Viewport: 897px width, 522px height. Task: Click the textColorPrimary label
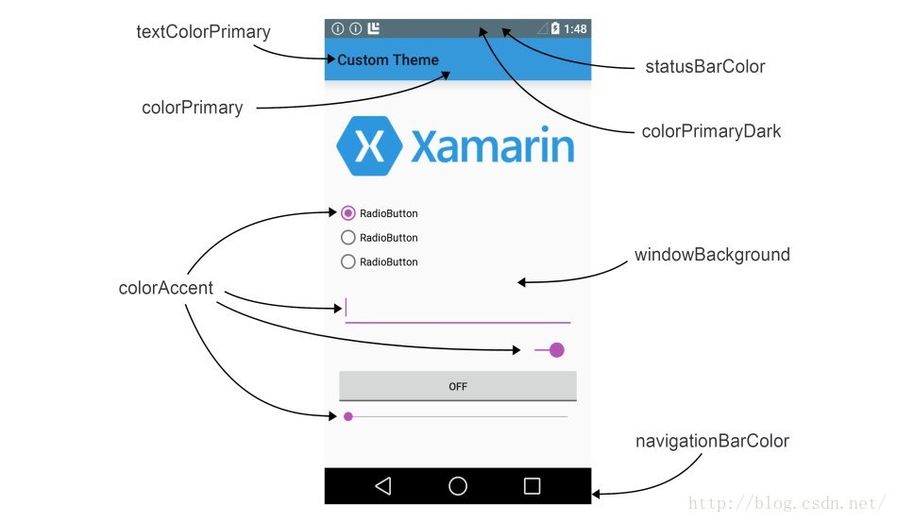click(x=203, y=32)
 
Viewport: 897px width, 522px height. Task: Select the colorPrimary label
click(x=192, y=108)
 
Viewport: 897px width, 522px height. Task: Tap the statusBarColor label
click(x=704, y=67)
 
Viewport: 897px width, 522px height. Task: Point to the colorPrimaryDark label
click(x=711, y=131)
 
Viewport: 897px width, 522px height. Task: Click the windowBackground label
click(x=712, y=255)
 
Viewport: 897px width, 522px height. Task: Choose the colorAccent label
click(x=166, y=288)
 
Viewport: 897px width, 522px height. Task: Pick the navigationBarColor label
click(x=712, y=441)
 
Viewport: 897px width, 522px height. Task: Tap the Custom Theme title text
click(x=388, y=60)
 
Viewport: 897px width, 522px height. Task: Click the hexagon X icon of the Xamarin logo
click(x=371, y=146)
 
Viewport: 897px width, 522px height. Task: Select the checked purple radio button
click(x=347, y=213)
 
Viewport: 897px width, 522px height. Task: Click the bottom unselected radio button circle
click(x=347, y=261)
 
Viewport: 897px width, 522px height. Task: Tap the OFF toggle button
click(x=458, y=386)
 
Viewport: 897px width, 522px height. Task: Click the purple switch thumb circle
click(x=557, y=350)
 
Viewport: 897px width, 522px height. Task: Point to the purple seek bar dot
click(x=348, y=416)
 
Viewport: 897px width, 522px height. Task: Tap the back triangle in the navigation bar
click(x=382, y=486)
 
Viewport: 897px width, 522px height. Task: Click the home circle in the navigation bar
click(x=458, y=486)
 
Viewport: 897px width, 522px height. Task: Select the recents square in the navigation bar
click(x=533, y=486)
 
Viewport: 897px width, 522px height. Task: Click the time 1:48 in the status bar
click(x=576, y=29)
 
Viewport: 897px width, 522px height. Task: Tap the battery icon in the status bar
click(x=556, y=29)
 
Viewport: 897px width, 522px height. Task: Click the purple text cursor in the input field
click(x=347, y=308)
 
